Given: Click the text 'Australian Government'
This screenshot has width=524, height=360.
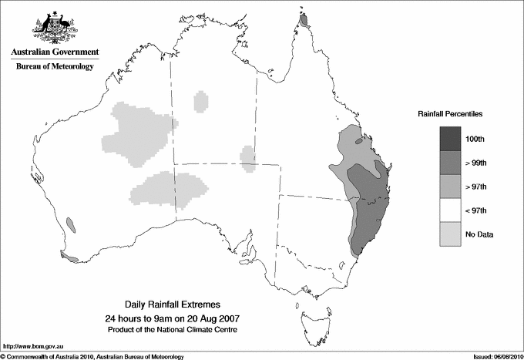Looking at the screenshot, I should [x=55, y=52].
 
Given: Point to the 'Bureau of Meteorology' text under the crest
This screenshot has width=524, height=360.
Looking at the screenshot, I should [x=55, y=67].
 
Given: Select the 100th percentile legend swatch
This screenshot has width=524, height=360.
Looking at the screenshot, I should [x=451, y=138].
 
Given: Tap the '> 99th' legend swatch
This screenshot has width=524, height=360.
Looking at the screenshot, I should [x=451, y=162].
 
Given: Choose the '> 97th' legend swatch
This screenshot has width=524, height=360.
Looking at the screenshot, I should [x=451, y=186].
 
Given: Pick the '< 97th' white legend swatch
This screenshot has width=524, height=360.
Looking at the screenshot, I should [x=451, y=210].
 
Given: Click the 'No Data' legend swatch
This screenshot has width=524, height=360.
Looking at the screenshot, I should [x=451, y=234].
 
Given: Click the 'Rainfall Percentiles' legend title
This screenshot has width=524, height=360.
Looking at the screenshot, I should [x=450, y=114].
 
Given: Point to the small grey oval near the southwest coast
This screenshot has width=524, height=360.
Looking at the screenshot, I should [x=70, y=224].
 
